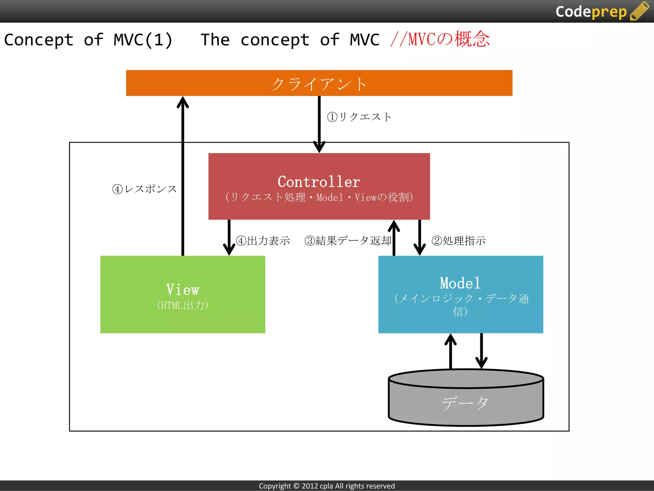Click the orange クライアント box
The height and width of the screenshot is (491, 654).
(319, 83)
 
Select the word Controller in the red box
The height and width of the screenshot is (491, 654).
(319, 182)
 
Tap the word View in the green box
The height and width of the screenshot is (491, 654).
(183, 290)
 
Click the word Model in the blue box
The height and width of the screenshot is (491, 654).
(460, 283)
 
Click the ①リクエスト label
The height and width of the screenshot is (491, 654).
(359, 117)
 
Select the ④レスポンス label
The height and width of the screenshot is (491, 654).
(144, 189)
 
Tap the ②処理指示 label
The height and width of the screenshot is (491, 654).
(459, 240)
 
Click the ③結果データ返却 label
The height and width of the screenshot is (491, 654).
(348, 240)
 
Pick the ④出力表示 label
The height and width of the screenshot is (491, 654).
(263, 240)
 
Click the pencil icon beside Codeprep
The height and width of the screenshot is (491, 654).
(640, 11)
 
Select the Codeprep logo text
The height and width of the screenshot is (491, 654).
(591, 12)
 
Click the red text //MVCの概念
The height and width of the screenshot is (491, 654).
(440, 39)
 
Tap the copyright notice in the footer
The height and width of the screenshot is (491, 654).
(327, 486)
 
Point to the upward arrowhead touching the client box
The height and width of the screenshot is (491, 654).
(183, 102)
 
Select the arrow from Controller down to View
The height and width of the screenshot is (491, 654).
(229, 238)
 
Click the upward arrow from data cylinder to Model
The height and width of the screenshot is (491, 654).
(450, 352)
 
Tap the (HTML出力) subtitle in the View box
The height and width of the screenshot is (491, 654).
(183, 305)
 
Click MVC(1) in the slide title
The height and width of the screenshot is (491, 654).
(143, 40)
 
